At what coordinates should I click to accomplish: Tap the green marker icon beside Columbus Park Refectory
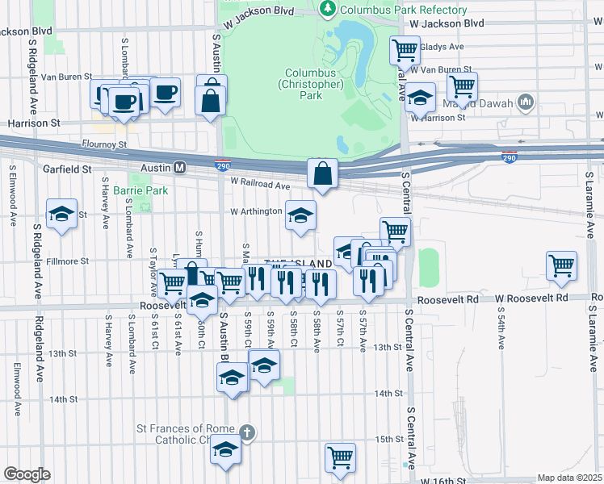coord(328,10)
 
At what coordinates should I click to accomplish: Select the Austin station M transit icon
coord(180,168)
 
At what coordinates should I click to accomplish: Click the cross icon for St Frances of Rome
coord(247,433)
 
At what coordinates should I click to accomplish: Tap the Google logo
coord(27,474)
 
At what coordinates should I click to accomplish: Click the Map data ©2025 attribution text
coord(569,478)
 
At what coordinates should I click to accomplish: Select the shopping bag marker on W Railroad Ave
coord(322,173)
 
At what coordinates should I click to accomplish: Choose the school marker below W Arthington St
coord(300,215)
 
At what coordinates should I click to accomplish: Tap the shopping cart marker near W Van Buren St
coord(462,86)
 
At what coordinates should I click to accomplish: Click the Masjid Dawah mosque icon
coord(526,102)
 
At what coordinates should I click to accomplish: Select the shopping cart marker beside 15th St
coord(341,457)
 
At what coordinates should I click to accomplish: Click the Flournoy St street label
coord(105,145)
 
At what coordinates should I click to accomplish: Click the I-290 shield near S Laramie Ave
coord(510,158)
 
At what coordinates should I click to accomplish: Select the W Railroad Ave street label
coord(260,186)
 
